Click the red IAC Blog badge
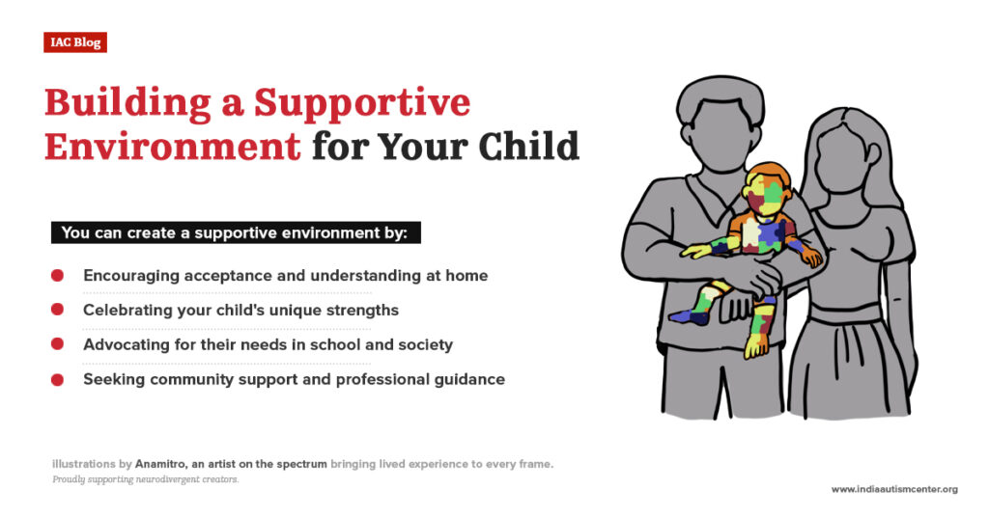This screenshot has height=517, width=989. pyautogui.click(x=74, y=42)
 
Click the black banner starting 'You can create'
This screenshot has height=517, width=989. pyautogui.click(x=236, y=233)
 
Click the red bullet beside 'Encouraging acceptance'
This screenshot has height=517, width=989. pyautogui.click(x=57, y=276)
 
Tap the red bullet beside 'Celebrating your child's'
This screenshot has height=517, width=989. pyautogui.click(x=57, y=310)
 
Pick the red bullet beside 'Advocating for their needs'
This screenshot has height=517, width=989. pyautogui.click(x=57, y=344)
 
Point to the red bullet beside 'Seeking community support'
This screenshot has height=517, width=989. pyautogui.click(x=57, y=379)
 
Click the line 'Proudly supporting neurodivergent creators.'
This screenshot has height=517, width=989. pyautogui.click(x=145, y=479)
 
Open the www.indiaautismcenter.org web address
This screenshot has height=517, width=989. pyautogui.click(x=894, y=489)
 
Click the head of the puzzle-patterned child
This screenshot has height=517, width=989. pyautogui.click(x=768, y=187)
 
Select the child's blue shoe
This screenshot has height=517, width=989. pyautogui.click(x=688, y=315)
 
